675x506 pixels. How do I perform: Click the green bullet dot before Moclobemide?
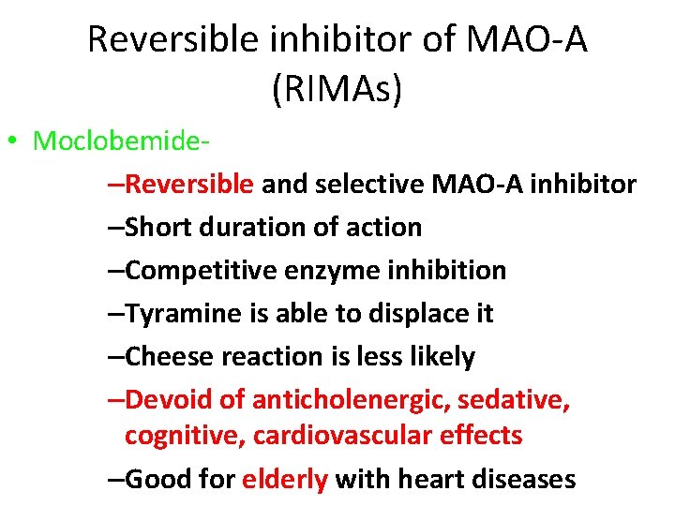tap(13, 142)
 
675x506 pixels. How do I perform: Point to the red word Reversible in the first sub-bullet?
tap(189, 184)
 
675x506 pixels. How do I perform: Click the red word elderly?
tap(285, 479)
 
